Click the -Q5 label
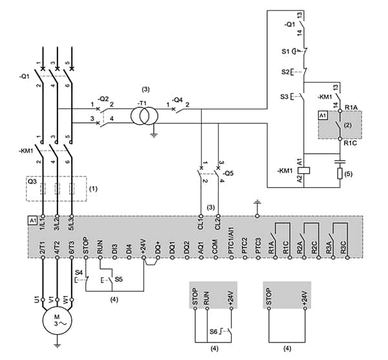226,174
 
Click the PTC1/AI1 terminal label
232,248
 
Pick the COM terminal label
215,248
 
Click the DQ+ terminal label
156,248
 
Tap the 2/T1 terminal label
43,248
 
